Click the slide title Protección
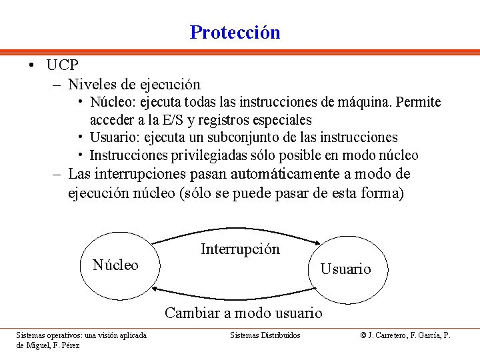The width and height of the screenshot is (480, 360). click(235, 32)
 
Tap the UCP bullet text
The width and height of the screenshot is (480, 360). click(63, 65)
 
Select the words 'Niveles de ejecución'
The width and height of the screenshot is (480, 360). click(134, 85)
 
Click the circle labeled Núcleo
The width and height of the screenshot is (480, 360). click(116, 265)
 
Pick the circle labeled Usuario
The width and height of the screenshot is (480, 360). click(345, 269)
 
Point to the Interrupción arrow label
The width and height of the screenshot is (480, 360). click(240, 249)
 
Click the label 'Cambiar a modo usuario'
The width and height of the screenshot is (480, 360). click(243, 313)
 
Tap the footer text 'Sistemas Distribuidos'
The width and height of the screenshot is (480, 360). click(265, 335)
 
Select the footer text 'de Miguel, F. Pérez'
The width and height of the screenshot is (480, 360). click(48, 345)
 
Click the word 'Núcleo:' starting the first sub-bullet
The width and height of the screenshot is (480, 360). click(113, 103)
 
